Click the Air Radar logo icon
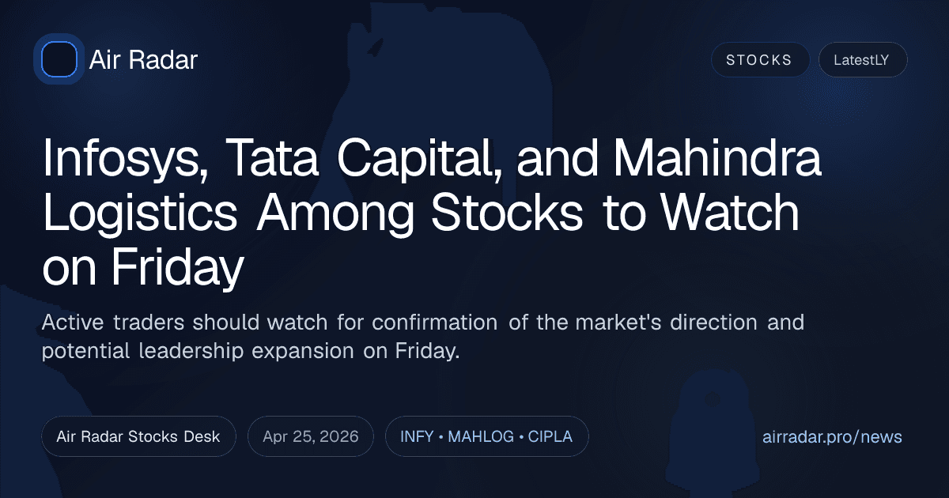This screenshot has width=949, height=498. click(59, 59)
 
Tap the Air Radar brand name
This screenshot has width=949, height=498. click(143, 60)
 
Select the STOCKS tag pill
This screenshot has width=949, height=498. click(759, 60)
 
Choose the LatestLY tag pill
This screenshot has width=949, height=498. click(862, 60)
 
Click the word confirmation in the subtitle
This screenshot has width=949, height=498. click(434, 323)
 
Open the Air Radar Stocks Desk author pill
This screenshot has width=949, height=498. click(138, 436)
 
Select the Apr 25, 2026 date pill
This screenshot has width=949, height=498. click(310, 436)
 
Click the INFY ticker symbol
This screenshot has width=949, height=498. click(416, 436)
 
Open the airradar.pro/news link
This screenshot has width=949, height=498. click(832, 436)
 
